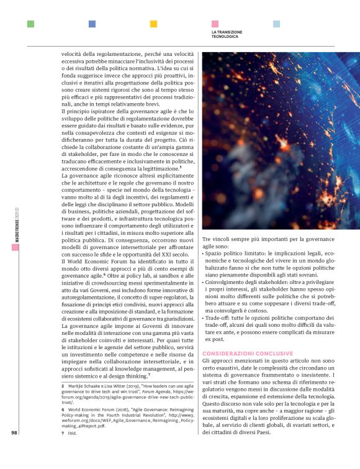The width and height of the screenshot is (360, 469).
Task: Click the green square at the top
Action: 30,24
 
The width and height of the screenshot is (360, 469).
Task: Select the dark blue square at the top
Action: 92,24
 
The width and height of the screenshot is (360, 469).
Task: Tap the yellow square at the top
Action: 153,24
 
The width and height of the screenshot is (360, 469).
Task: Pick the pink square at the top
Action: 215,24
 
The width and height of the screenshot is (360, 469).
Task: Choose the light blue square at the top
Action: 276,24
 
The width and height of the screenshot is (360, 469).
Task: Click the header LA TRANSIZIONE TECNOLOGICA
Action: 227,34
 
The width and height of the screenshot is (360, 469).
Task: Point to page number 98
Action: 14,433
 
